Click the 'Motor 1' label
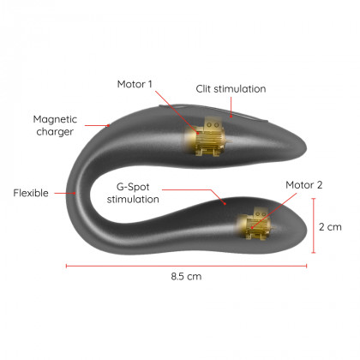tap(135, 84)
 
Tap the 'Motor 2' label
tap(304, 185)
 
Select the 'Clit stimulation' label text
tap(231, 89)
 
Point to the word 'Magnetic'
tap(55, 119)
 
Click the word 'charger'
tap(55, 132)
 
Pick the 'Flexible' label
tap(31, 193)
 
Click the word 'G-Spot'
tap(133, 187)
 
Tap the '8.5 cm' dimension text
tap(186, 276)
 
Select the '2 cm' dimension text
tap(330, 227)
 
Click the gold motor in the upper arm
tap(205, 136)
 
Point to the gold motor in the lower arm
tap(254, 224)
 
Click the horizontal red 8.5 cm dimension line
tap(186, 266)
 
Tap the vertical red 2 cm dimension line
tap(314, 225)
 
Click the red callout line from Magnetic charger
tap(97, 125)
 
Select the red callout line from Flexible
tap(65, 193)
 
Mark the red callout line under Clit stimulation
tap(231, 107)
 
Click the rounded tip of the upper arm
tap(305, 147)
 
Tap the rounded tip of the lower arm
tap(305, 229)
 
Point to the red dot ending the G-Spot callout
tap(225, 203)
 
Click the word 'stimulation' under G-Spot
tap(133, 200)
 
